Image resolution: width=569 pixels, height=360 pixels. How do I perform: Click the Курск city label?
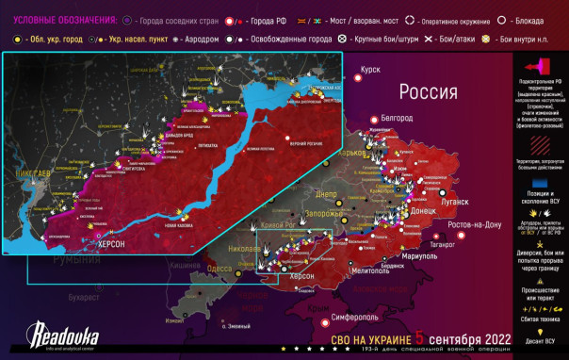point(370,70)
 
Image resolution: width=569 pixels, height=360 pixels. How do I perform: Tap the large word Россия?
point(428,92)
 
